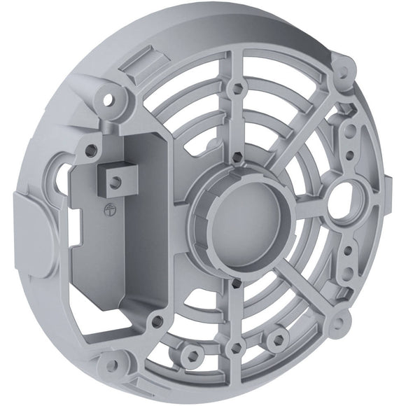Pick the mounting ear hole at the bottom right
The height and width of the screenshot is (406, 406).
click(x=341, y=323)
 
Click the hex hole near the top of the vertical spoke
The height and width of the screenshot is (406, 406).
click(x=237, y=89)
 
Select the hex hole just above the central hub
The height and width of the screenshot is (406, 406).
click(x=237, y=157)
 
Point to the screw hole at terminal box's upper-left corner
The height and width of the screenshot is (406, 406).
click(x=90, y=148)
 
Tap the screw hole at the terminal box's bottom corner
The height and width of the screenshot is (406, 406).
click(x=156, y=321)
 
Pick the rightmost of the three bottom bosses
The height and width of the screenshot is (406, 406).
click(x=279, y=340)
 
